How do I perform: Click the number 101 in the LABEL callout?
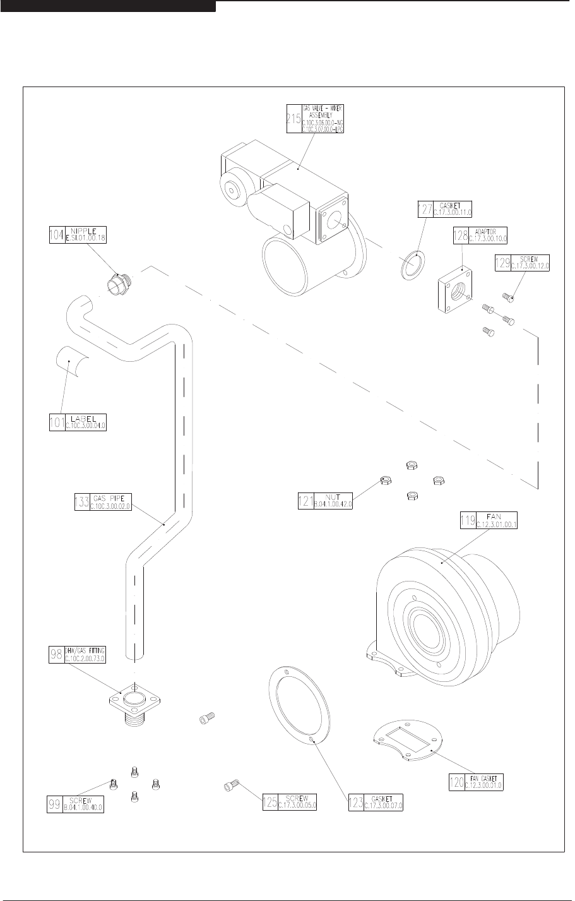pos(57,422)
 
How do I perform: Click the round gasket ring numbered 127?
pos(412,263)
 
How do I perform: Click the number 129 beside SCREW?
pos(502,262)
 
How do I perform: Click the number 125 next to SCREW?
pos(270,801)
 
